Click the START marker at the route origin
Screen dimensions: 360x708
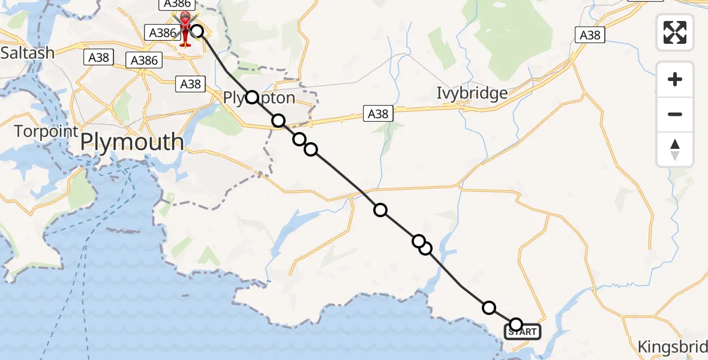(523, 332)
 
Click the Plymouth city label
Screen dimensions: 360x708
(132, 142)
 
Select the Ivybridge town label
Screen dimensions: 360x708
(472, 94)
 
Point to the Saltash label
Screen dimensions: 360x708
(27, 52)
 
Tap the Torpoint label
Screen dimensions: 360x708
(46, 131)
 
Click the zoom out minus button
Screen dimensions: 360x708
(675, 114)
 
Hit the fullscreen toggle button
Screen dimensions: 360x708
(675, 32)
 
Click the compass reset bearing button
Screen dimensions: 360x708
(675, 149)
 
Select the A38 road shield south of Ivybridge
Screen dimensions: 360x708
(378, 113)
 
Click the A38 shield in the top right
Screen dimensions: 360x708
(590, 35)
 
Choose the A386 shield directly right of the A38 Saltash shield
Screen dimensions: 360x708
(144, 60)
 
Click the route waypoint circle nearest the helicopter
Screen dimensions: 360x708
(197, 31)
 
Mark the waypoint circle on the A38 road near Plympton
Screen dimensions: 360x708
(278, 121)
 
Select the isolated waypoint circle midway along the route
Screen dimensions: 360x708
(380, 209)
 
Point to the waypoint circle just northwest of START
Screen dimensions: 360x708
(489, 308)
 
